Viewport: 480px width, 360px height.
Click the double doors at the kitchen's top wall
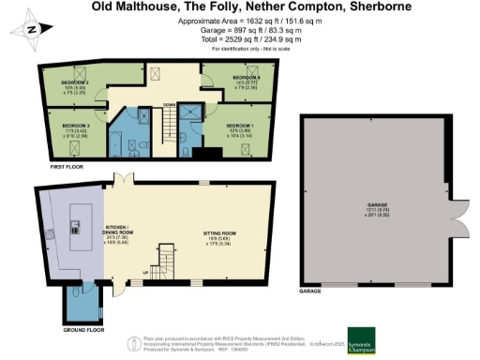pos(118,179)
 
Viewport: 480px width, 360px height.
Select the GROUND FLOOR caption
pos(83,331)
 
